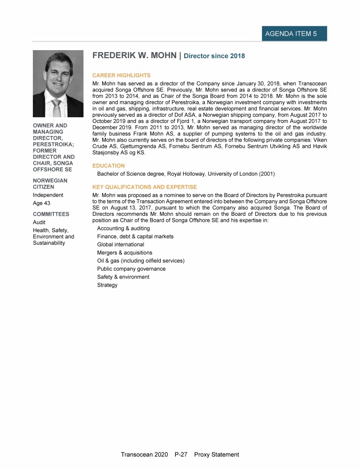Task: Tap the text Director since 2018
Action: pos(214,56)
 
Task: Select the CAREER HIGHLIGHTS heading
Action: pos(121,75)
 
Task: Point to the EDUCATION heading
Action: pos(109,166)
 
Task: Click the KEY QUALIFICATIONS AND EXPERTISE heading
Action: pos(144,187)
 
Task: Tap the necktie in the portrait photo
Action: pos(57,107)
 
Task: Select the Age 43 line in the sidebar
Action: pos(41,203)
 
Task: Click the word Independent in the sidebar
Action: pos(48,195)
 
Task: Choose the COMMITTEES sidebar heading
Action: pos(51,214)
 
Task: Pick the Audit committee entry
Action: pos(39,222)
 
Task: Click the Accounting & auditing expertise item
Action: pos(123,228)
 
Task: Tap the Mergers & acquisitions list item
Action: pos(125,252)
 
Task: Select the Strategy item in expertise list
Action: pos(107,285)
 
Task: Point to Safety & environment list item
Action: pos(123,277)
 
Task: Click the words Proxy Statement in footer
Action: pos(217,454)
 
